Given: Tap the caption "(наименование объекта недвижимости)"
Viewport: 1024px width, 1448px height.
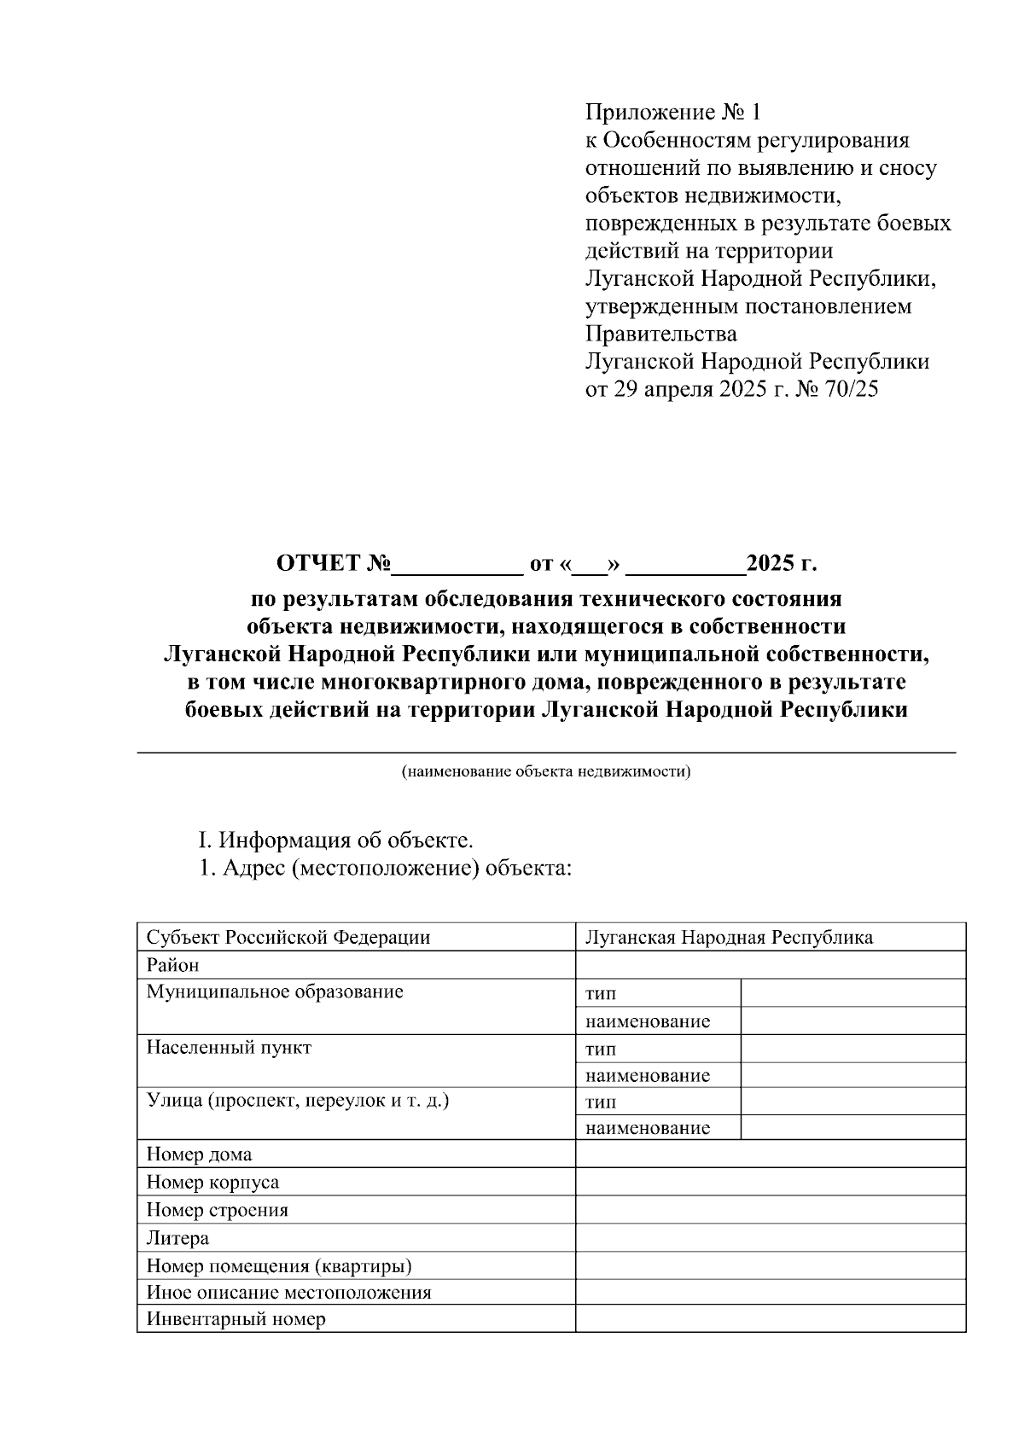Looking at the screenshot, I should click(x=546, y=772).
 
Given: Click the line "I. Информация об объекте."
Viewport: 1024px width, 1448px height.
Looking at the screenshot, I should click(x=335, y=840).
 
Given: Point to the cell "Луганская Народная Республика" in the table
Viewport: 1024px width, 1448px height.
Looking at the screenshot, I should click(x=729, y=937).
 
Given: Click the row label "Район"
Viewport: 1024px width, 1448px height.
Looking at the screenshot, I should click(x=172, y=965).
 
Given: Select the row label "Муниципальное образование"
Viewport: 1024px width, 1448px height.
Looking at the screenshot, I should click(x=275, y=992).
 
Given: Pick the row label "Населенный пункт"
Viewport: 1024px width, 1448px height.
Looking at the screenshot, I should click(x=229, y=1047).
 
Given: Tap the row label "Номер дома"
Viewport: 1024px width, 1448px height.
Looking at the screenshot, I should click(x=199, y=1154).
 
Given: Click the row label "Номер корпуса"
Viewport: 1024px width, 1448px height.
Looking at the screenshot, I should click(x=212, y=1182).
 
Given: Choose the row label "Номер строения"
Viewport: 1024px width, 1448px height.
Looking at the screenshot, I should click(x=217, y=1210).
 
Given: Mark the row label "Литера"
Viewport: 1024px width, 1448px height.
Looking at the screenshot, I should click(x=177, y=1237).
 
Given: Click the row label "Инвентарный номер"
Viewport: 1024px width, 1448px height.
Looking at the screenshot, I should click(x=236, y=1319).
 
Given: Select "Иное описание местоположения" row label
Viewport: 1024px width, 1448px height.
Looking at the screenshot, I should click(x=288, y=1292).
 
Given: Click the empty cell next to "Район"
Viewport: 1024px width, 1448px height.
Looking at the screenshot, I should click(x=770, y=965).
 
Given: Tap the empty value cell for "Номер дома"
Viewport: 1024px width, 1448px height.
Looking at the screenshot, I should click(x=770, y=1154).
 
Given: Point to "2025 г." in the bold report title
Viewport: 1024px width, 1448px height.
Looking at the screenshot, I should click(x=782, y=564).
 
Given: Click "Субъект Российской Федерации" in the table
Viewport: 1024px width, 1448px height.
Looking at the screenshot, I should click(x=288, y=937).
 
